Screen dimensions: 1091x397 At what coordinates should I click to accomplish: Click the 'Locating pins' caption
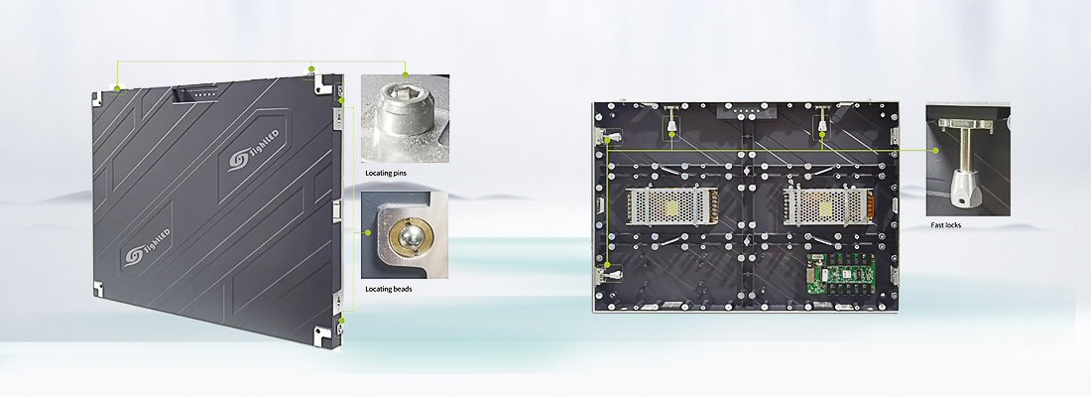(386, 172)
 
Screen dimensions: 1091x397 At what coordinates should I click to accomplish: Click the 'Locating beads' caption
(388, 289)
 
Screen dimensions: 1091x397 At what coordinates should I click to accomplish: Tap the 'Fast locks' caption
(945, 225)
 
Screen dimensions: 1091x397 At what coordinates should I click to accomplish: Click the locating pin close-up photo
(405, 118)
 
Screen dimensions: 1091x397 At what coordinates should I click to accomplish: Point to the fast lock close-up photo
(967, 160)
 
